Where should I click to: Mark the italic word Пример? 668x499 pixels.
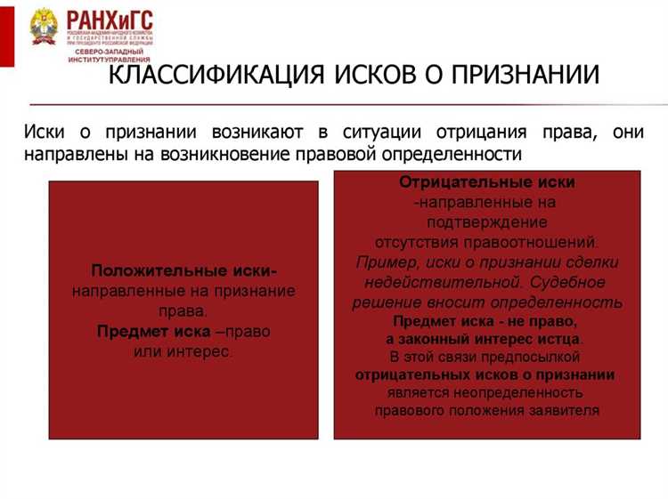coord(385,262)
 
